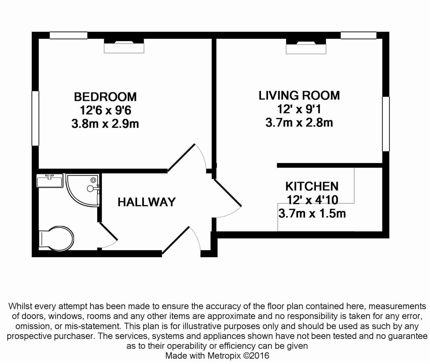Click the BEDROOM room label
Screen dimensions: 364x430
105,97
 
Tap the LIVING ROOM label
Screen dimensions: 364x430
299,95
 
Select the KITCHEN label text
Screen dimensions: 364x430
312,186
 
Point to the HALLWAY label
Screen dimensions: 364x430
146,202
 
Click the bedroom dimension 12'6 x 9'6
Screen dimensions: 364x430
105,110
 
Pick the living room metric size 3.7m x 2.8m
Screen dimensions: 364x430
299,122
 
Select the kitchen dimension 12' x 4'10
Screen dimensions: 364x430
312,200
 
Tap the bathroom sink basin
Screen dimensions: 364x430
50,181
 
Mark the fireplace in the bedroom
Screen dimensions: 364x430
124,46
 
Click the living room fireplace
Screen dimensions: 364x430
306,47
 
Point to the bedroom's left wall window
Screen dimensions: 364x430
35,118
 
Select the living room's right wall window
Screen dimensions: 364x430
386,124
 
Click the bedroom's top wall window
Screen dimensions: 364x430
69,35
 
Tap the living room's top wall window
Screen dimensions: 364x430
358,35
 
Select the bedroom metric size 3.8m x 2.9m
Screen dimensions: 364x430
105,124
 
